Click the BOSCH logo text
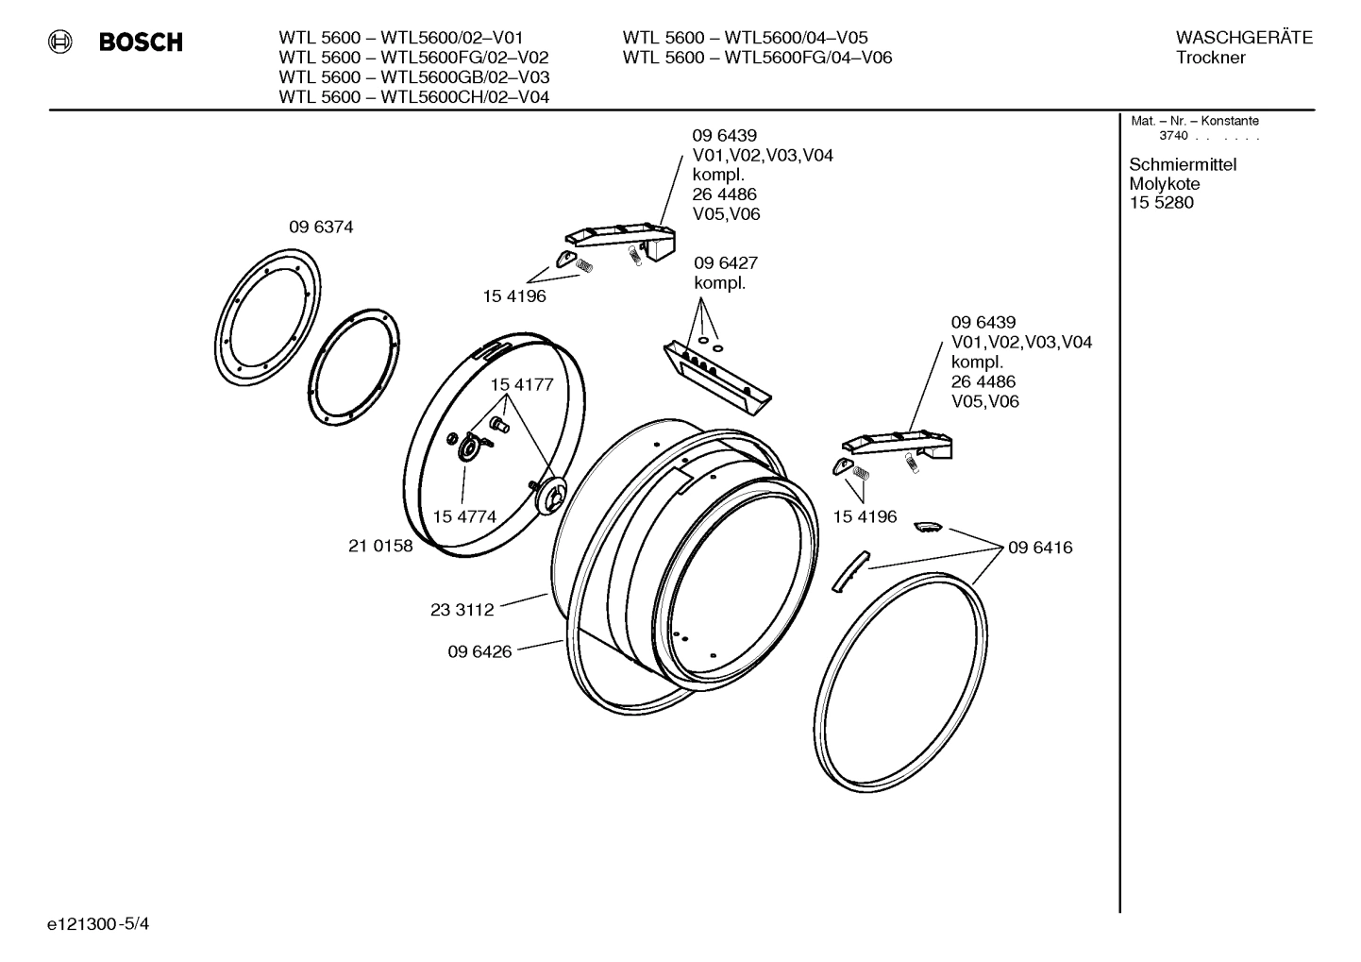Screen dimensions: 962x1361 tap(141, 42)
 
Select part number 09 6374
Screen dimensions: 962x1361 tap(321, 228)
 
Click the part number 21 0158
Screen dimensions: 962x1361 tap(380, 546)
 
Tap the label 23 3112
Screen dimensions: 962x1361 tap(462, 610)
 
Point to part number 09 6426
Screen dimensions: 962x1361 tap(479, 651)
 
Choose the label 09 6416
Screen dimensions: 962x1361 tap(1040, 548)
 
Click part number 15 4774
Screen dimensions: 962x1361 tap(464, 516)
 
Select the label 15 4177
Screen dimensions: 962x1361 tap(521, 385)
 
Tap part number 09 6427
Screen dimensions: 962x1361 tap(726, 262)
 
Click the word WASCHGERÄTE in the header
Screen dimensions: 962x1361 tap(1244, 38)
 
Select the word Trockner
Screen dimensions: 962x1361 tap(1210, 58)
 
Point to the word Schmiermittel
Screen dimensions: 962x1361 tap(1183, 165)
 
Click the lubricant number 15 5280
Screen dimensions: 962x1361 tap(1161, 203)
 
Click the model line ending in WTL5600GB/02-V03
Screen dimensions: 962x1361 tap(413, 77)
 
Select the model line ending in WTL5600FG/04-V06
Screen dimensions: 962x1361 tap(757, 58)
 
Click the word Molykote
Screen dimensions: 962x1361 tap(1165, 184)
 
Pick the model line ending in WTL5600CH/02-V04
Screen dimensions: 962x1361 tap(413, 97)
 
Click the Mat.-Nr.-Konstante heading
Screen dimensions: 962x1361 tap(1194, 121)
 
